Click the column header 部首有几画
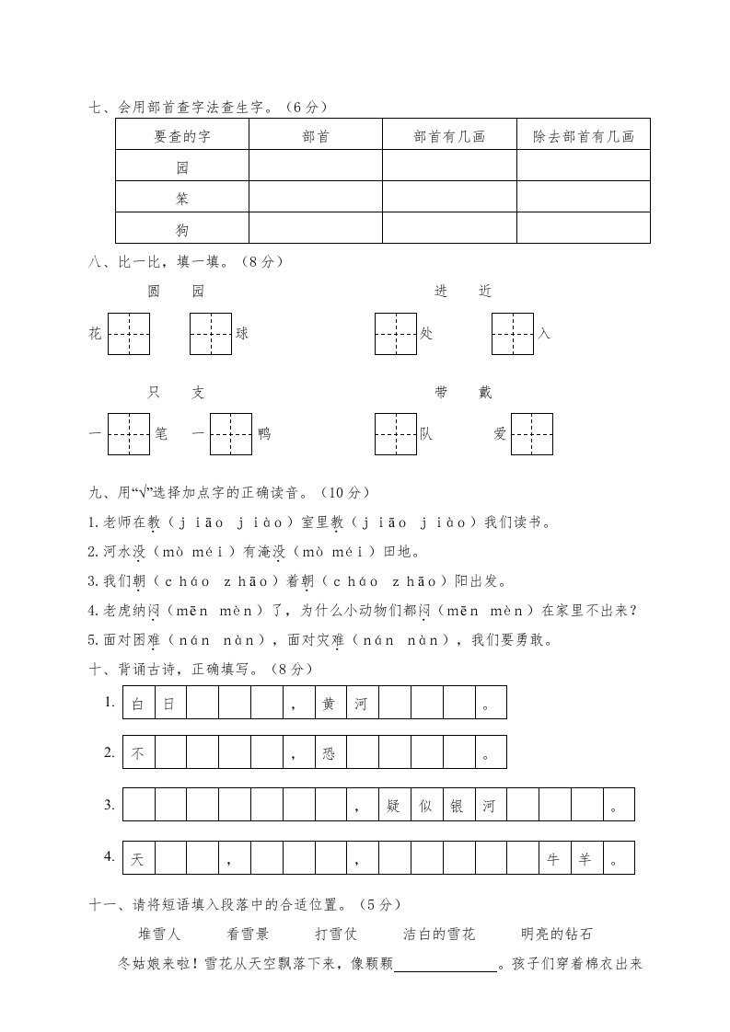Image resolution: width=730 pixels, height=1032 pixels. pyautogui.click(x=449, y=136)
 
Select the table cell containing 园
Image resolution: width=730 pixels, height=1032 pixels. pyautogui.click(x=181, y=167)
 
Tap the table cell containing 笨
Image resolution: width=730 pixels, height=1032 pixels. pyautogui.click(x=181, y=198)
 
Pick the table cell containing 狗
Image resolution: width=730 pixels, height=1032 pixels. pyautogui.click(x=181, y=229)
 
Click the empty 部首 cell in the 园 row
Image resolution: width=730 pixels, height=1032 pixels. pyautogui.click(x=316, y=167)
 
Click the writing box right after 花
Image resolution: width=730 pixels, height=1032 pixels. pyautogui.click(x=129, y=333)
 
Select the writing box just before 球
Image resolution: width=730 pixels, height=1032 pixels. pyautogui.click(x=211, y=333)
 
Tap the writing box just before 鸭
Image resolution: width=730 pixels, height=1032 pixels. pyautogui.click(x=231, y=434)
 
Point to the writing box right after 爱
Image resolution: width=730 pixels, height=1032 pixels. pyautogui.click(x=532, y=434)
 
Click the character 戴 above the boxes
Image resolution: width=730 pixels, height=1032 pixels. pyautogui.click(x=485, y=393)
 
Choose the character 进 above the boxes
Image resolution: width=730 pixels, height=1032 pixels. pyautogui.click(x=441, y=292)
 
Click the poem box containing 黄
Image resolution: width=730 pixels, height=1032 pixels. pyautogui.click(x=330, y=705)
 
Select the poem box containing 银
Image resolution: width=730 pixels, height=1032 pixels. pyautogui.click(x=458, y=807)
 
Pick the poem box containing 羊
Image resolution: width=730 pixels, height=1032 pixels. pyautogui.click(x=585, y=858)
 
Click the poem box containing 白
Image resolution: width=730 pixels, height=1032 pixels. pyautogui.click(x=138, y=705)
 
